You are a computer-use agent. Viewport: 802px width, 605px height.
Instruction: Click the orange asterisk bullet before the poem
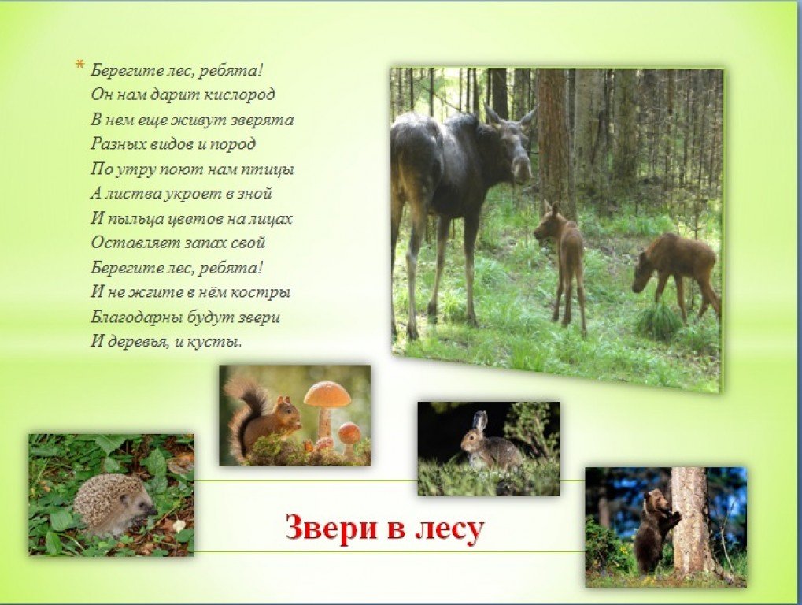(79, 65)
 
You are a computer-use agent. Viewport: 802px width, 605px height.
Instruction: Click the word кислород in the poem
(239, 95)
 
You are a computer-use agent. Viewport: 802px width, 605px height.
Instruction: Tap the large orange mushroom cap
(328, 394)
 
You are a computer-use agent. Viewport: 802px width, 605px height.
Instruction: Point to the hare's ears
(480, 423)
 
